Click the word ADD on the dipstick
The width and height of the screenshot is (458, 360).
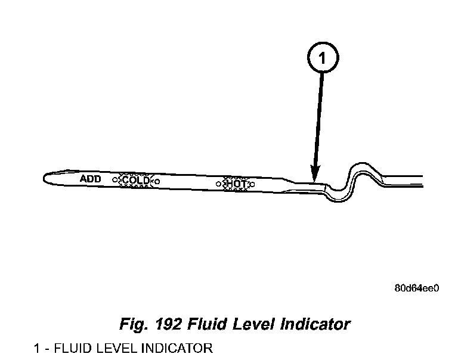point(91,178)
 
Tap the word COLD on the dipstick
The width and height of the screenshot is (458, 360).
point(136,180)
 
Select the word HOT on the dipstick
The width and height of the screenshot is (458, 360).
point(236,184)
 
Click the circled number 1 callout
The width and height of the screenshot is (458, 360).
point(323,58)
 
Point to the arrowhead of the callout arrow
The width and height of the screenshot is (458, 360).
point(314,173)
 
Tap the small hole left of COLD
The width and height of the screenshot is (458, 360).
point(114,179)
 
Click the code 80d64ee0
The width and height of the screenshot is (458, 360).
point(417,288)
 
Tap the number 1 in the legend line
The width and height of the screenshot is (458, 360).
point(38,348)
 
